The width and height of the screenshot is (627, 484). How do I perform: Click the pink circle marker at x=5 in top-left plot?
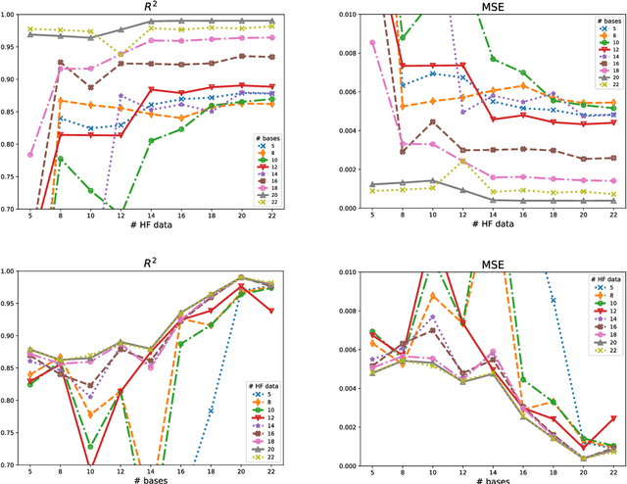[29, 155]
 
